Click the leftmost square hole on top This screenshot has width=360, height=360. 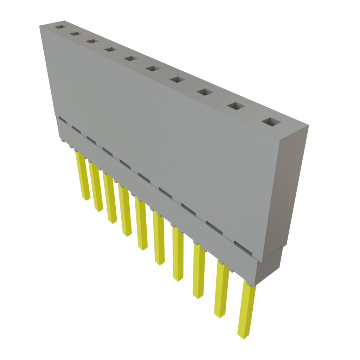(60, 27)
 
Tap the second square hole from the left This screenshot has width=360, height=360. (75, 34)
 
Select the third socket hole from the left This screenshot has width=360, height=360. (92, 41)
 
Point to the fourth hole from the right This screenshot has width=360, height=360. (177, 80)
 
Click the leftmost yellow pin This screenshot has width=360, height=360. (82, 176)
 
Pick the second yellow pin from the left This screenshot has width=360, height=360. (96, 186)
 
